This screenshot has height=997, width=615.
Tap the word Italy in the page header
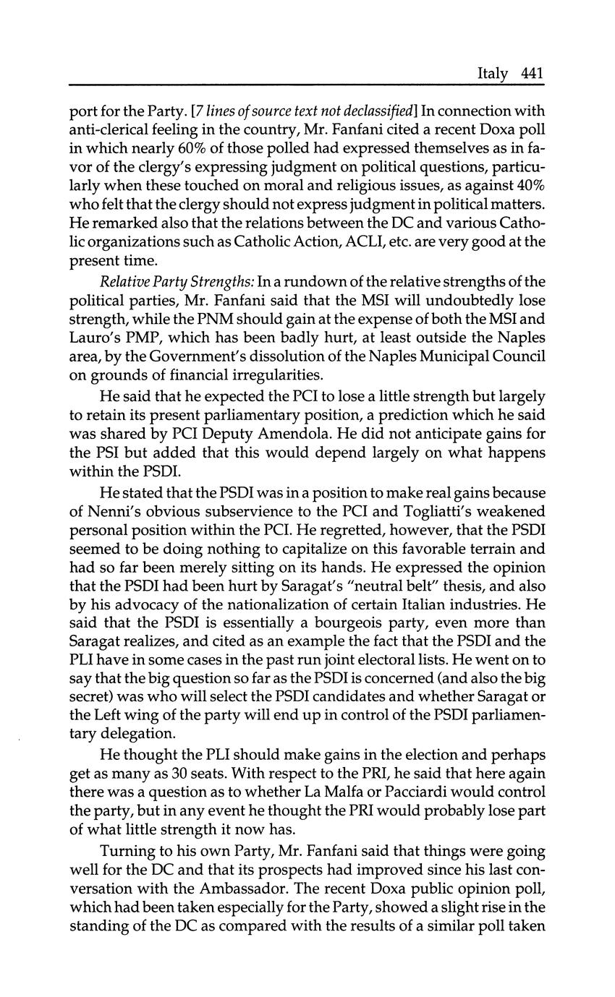tap(493, 74)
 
